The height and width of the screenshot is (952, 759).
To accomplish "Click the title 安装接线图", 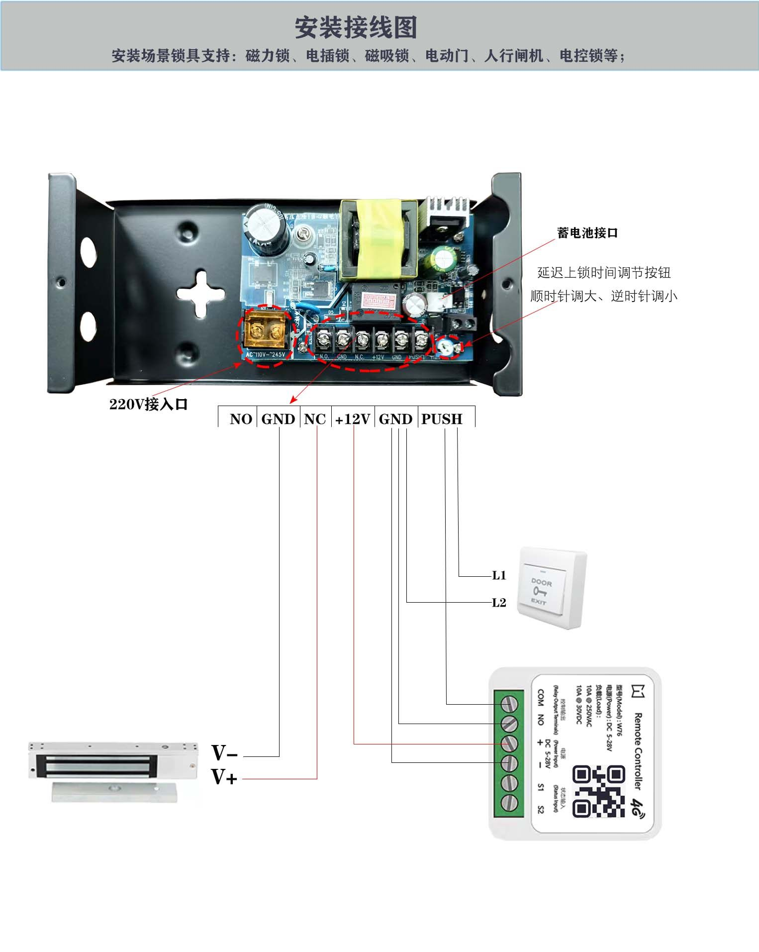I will click(356, 27).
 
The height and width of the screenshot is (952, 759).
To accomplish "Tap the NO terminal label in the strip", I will click(241, 419).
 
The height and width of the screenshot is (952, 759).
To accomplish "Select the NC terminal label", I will click(315, 419).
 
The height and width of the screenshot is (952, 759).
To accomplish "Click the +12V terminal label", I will click(353, 419).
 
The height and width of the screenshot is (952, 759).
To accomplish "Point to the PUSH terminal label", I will click(442, 419).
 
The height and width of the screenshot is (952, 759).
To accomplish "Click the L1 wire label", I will click(499, 575).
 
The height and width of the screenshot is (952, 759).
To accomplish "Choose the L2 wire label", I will click(499, 603).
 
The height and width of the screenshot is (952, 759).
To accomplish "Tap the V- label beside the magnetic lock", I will click(224, 753).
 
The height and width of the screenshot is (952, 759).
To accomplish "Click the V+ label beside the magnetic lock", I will click(224, 777).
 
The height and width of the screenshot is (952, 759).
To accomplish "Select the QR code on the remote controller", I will click(598, 791).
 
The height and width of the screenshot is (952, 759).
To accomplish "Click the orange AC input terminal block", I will click(265, 331).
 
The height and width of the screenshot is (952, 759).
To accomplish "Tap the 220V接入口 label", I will click(148, 404).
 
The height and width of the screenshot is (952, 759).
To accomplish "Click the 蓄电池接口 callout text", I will click(587, 233).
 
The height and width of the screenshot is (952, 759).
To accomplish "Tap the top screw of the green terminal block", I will click(510, 704).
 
